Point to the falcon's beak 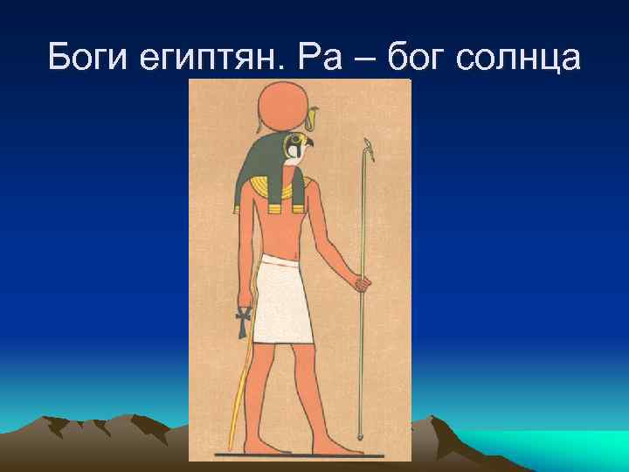310,142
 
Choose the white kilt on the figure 285,302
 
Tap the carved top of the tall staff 370,150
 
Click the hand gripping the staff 362,283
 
